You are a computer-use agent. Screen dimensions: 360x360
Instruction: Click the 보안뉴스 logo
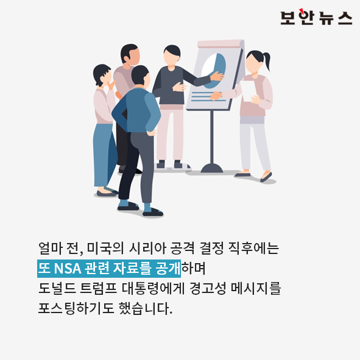(316, 17)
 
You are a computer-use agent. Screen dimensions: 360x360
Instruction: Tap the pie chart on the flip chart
(214, 71)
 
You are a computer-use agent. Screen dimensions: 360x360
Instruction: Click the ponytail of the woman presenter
(267, 61)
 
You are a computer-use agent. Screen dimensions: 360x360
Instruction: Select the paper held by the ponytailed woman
(248, 91)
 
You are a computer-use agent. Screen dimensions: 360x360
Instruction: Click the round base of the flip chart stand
(212, 168)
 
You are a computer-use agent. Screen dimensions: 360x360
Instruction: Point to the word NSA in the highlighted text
(68, 268)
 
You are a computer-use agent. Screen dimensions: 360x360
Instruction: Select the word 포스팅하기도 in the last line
(76, 308)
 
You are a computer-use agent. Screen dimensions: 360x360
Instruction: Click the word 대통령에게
(153, 288)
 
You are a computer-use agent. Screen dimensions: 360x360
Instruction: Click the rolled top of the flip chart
(221, 44)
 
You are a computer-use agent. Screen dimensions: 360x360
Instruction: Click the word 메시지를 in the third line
(256, 288)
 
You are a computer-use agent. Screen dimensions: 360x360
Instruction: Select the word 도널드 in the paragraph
(57, 288)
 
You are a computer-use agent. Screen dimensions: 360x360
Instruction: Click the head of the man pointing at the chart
(172, 55)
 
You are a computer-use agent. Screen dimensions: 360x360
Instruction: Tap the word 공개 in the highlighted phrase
(168, 268)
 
